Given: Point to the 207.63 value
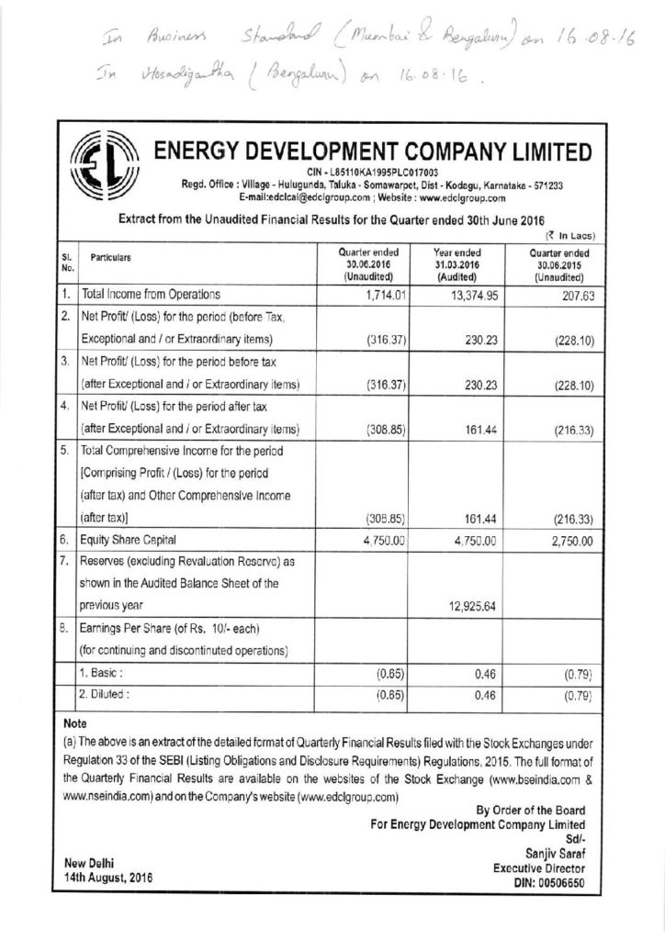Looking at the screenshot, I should coord(571,296).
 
